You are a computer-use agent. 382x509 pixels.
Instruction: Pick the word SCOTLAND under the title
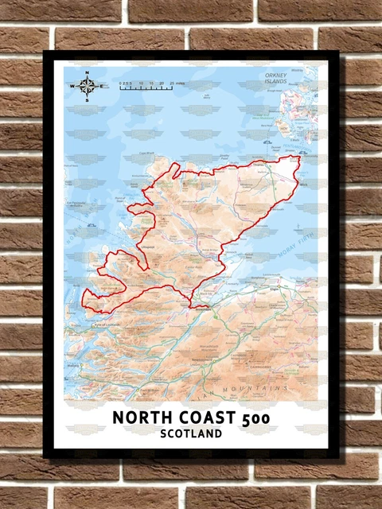pos(190,435)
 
